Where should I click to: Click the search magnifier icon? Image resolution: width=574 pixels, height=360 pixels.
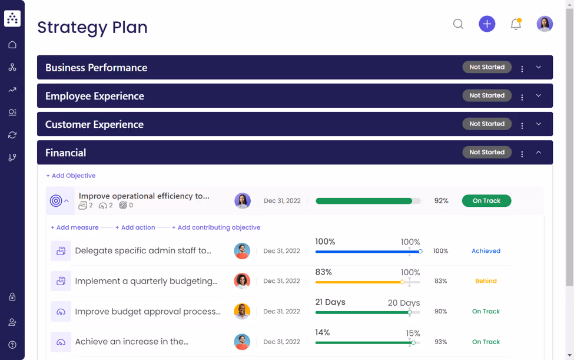pyautogui.click(x=458, y=24)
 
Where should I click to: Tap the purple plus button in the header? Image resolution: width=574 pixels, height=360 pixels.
pyautogui.click(x=487, y=24)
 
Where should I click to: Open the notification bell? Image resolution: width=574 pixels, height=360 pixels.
pyautogui.click(x=516, y=24)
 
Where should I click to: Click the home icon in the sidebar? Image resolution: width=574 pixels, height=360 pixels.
pyautogui.click(x=12, y=45)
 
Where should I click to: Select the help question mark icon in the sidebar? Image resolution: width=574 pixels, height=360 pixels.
pyautogui.click(x=12, y=345)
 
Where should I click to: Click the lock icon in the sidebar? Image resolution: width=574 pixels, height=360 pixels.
pyautogui.click(x=12, y=297)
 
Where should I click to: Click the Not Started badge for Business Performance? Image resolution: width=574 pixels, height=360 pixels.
pyautogui.click(x=487, y=67)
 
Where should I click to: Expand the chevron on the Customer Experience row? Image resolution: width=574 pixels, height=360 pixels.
pyautogui.click(x=539, y=124)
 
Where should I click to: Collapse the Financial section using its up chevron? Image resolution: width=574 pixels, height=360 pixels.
pyautogui.click(x=539, y=153)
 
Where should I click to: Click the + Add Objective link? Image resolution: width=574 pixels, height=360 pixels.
pyautogui.click(x=71, y=176)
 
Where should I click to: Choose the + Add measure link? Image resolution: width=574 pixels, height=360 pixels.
pyautogui.click(x=74, y=227)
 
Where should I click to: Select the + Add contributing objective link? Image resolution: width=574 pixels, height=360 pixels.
pyautogui.click(x=216, y=227)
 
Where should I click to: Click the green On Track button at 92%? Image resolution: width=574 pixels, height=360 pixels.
pyautogui.click(x=486, y=201)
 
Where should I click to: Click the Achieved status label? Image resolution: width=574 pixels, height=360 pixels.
pyautogui.click(x=486, y=251)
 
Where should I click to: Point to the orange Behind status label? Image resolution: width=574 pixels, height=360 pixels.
pyautogui.click(x=486, y=281)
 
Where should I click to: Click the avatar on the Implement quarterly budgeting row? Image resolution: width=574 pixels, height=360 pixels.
pyautogui.click(x=242, y=281)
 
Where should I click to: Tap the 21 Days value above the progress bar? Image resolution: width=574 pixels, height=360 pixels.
pyautogui.click(x=330, y=302)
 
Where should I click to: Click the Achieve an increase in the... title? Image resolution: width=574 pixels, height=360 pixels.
pyautogui.click(x=132, y=342)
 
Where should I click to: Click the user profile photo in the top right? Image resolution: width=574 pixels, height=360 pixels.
pyautogui.click(x=545, y=24)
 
